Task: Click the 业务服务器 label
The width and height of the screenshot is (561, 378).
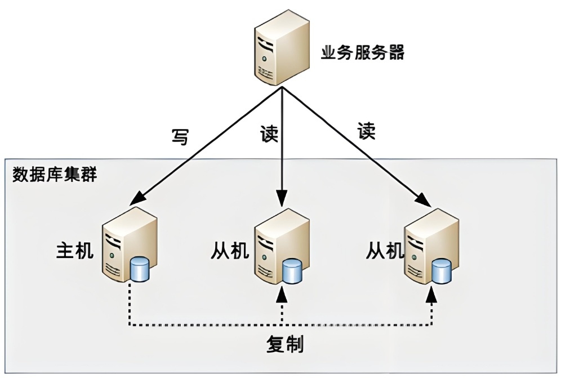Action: coord(362,52)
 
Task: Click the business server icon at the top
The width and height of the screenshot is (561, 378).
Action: coord(282,48)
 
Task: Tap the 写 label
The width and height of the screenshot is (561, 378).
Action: coord(180,136)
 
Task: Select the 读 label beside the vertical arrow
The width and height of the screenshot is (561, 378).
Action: coord(269,134)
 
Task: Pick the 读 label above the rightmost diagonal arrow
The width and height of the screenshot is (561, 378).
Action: coord(366,131)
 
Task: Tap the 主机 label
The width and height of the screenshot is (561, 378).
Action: coord(75,250)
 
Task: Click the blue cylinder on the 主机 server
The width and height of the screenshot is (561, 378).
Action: coord(139,269)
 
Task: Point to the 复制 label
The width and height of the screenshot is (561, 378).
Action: coord(285,344)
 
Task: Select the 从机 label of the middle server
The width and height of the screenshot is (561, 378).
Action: coord(230,250)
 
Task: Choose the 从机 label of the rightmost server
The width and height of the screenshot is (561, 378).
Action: coord(385,250)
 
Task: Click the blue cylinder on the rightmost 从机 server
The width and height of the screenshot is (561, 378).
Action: coord(442,272)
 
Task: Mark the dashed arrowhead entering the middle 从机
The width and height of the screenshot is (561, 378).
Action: coord(283,294)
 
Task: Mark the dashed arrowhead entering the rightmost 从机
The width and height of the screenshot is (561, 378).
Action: coord(432,294)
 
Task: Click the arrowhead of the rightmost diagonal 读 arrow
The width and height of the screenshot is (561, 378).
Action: coord(424,200)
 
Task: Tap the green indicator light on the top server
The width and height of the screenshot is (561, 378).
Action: coord(264,59)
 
